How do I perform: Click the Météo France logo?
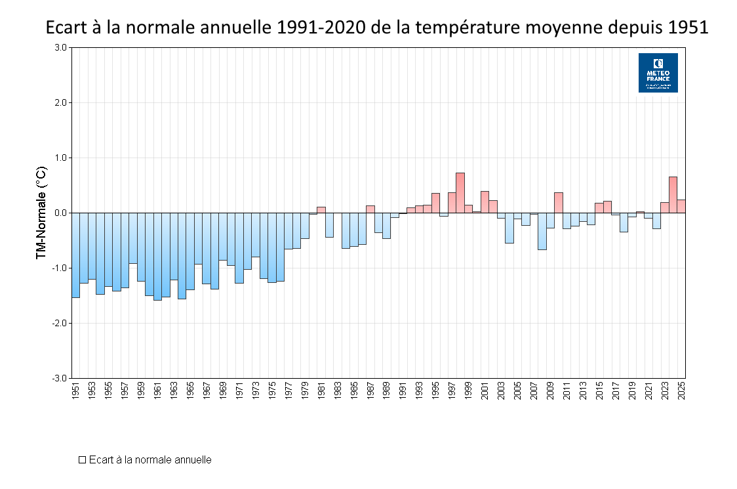[658, 73]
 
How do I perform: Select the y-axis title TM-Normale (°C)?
[41, 213]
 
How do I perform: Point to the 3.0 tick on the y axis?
[60, 47]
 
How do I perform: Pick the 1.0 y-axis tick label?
[61, 158]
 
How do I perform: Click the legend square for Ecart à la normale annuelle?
[83, 460]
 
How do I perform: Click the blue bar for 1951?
[76, 256]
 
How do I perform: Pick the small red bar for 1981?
[321, 210]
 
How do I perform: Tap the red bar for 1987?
[370, 209]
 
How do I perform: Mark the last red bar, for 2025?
[681, 206]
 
